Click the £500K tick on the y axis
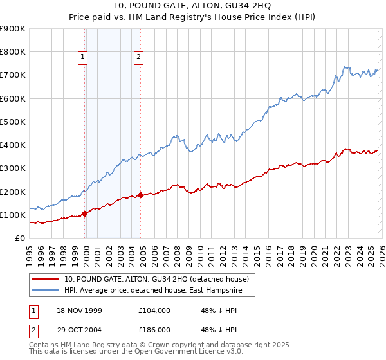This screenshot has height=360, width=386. coord(13,122)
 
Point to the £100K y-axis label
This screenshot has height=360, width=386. coord(13,215)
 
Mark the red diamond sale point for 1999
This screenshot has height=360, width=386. coord(85,214)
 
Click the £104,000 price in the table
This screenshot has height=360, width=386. coord(154,310)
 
